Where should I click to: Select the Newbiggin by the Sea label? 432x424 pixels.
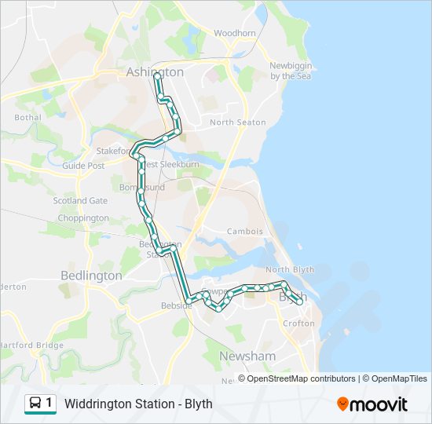291,71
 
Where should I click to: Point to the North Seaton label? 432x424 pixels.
237,122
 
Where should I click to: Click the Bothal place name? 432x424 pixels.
27,118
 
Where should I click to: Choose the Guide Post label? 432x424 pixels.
83,166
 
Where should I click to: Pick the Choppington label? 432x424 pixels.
82,217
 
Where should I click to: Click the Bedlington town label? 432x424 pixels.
91,276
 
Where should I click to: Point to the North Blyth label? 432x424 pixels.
289,269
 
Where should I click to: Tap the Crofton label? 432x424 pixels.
298,323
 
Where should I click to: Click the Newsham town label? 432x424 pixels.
247,356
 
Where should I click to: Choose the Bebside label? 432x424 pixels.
176,305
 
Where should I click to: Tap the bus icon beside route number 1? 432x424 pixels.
35,404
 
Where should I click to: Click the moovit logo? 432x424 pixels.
372,404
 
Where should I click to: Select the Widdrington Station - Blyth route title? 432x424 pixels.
138,404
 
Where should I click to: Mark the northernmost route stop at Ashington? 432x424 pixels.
158,76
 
